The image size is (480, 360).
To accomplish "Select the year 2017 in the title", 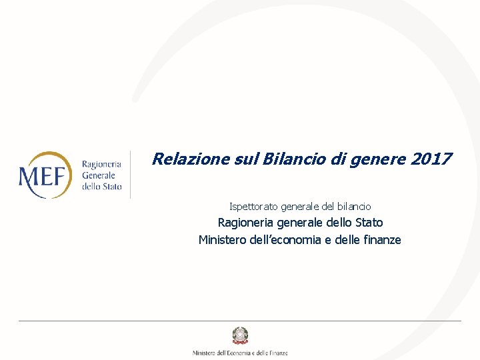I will [431, 159].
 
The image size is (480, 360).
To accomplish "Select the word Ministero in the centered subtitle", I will [223, 240].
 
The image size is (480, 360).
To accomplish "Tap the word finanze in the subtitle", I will [380, 240].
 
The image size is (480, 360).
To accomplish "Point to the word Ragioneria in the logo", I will [101, 164].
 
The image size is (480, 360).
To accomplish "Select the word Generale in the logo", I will [99, 175].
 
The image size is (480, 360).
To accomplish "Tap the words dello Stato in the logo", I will [101, 187].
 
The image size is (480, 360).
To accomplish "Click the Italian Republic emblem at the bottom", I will [239, 335].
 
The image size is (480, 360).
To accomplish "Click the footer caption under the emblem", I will [240, 353].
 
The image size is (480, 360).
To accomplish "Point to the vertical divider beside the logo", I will [130, 175].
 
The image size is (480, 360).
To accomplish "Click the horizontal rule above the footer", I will [240, 321].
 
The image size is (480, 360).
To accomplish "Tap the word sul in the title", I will [246, 159].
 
